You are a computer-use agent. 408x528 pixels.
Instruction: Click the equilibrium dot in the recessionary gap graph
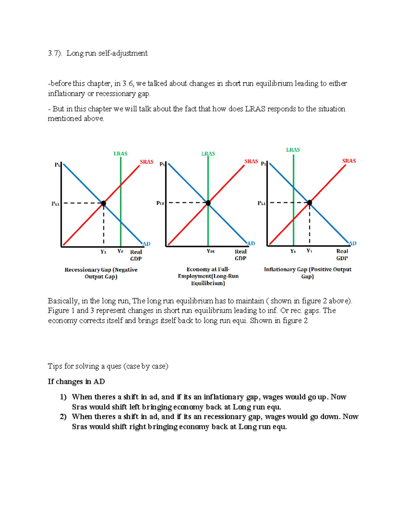pyautogui.click(x=104, y=203)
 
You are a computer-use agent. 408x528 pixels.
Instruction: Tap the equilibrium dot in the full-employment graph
pyautogui.click(x=208, y=203)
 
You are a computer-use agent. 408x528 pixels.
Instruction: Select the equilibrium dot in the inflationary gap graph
pyautogui.click(x=309, y=203)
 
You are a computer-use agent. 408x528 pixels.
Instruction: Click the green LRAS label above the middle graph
pyautogui.click(x=208, y=154)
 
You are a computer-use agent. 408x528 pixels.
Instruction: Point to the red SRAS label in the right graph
pyautogui.click(x=349, y=161)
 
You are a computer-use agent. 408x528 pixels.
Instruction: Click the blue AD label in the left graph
pyautogui.click(x=146, y=244)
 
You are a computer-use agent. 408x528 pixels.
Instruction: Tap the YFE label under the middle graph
pyautogui.click(x=210, y=252)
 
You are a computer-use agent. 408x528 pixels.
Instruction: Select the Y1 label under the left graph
pyautogui.click(x=103, y=252)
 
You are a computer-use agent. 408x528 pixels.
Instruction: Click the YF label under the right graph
pyautogui.click(x=293, y=251)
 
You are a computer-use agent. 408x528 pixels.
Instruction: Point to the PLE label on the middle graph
pyautogui.click(x=160, y=203)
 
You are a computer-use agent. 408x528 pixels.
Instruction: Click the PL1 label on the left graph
pyautogui.click(x=55, y=204)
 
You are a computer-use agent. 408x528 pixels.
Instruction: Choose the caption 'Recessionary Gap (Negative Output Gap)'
pyautogui.click(x=101, y=273)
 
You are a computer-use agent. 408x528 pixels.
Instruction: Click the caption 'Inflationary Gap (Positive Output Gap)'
pyautogui.click(x=307, y=273)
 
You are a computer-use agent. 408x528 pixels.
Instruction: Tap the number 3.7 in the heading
pyautogui.click(x=54, y=53)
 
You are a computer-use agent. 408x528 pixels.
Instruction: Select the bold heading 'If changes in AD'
pyautogui.click(x=76, y=381)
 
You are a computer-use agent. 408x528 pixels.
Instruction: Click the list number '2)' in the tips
pyautogui.click(x=63, y=417)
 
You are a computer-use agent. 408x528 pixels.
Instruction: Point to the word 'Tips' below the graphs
pyautogui.click(x=55, y=366)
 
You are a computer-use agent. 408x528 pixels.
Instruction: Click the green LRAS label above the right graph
pyautogui.click(x=293, y=150)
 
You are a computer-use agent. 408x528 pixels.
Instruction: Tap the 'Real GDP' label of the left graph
pyautogui.click(x=136, y=255)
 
